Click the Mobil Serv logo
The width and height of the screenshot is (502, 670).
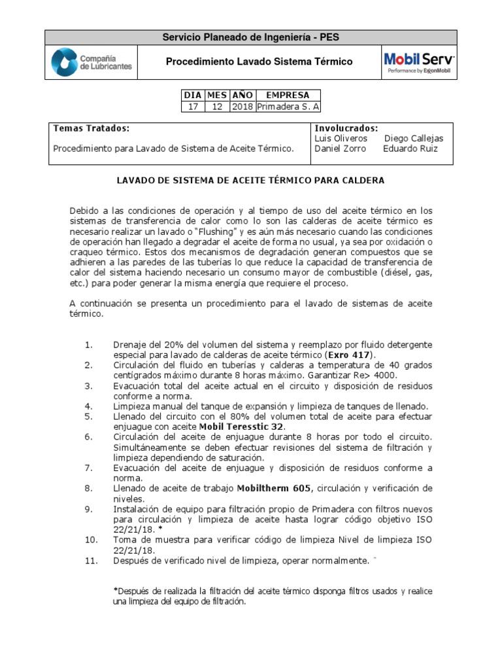pos(419,62)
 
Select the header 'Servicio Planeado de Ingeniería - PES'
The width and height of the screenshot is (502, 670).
pos(251,37)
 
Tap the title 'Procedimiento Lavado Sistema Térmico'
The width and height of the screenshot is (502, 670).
pos(259,62)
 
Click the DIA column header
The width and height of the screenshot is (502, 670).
pos(193,95)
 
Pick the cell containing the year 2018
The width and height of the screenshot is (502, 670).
pos(243,107)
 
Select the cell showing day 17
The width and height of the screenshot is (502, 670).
pos(193,107)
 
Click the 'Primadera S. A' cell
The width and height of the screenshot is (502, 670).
pos(288,107)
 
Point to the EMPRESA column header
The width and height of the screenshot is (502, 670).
pos(288,95)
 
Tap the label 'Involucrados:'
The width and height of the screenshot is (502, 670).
pos(346,128)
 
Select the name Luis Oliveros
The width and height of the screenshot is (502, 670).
pos(341,139)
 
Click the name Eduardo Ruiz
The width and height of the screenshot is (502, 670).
pos(410,149)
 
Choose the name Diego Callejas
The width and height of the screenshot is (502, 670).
pos(414,139)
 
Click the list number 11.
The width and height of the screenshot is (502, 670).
pos(91,560)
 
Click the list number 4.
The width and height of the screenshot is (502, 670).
pos(90,406)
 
